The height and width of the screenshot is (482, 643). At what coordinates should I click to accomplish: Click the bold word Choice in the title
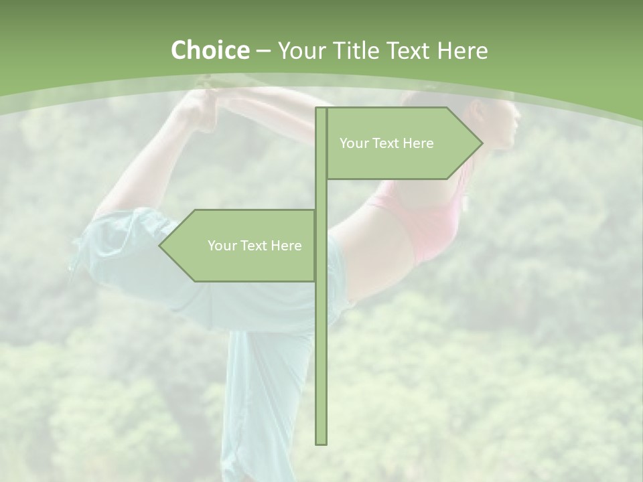(x=210, y=50)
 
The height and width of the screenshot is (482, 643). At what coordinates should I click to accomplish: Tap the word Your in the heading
(x=302, y=50)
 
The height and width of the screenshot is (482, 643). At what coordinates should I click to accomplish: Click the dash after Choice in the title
(x=264, y=51)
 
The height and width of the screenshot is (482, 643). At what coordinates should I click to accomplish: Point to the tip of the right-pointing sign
(x=482, y=143)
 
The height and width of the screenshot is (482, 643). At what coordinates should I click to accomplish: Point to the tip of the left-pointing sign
(x=160, y=245)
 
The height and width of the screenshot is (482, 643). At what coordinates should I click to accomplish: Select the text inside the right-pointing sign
(x=386, y=143)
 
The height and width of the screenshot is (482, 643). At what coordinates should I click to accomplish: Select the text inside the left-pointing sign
(x=255, y=246)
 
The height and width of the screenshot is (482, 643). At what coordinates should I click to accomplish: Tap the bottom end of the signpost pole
(x=321, y=443)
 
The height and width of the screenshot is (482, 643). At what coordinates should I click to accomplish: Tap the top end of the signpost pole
(x=321, y=110)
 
